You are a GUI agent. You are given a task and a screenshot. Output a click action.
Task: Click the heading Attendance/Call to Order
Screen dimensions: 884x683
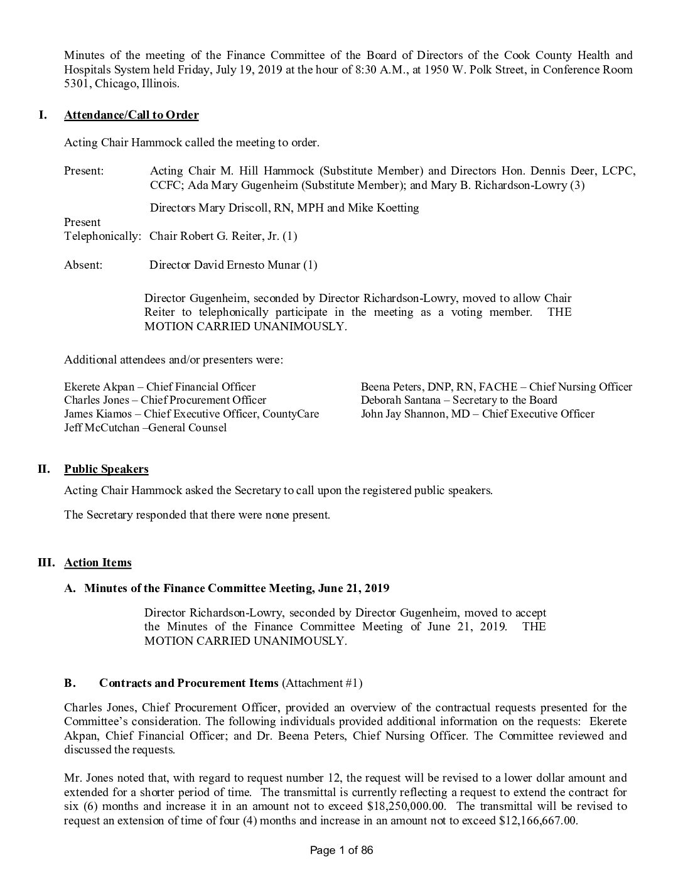pos(131,115)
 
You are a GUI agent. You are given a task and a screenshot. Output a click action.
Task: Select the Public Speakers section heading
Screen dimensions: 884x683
pos(106,469)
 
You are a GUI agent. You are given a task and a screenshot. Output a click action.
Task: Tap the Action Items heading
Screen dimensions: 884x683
pos(98,563)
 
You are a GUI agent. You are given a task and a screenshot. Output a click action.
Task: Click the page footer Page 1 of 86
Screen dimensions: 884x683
pos(342,851)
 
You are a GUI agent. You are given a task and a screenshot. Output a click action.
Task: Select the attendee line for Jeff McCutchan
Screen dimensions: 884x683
pos(145,428)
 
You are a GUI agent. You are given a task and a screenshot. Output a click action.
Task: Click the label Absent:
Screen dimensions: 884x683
pos(83,265)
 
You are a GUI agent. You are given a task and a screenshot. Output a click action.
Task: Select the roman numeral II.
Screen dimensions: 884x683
pos(43,469)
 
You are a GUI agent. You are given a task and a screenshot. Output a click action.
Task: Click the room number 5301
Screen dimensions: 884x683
pos(77,84)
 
